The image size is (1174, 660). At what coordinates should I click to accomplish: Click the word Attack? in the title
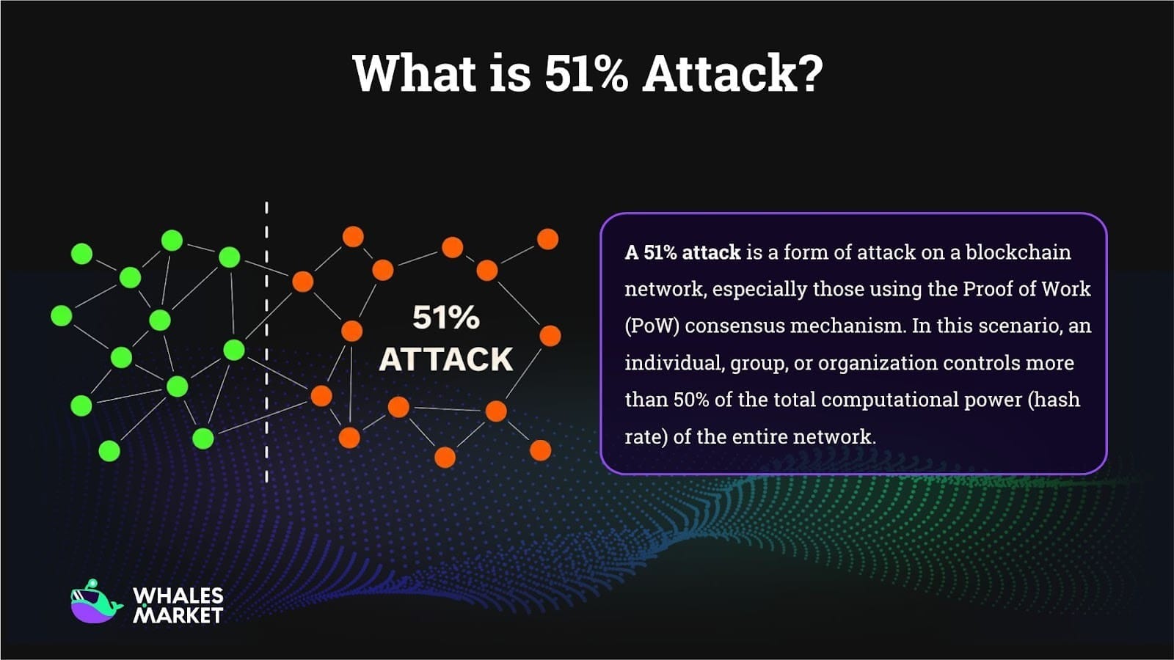point(732,73)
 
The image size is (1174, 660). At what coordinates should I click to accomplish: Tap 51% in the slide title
point(586,73)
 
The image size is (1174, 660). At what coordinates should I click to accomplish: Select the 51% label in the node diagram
point(445,318)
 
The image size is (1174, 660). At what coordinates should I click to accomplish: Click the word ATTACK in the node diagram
point(445,359)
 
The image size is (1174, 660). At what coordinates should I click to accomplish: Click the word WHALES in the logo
point(178,595)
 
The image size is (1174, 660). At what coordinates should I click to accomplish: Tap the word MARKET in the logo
point(178,615)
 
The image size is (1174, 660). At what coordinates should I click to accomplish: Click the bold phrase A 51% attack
point(682,252)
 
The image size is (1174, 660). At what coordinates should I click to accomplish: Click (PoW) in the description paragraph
point(651,326)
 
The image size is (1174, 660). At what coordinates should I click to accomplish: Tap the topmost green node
point(172,240)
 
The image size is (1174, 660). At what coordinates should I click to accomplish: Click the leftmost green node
point(62,315)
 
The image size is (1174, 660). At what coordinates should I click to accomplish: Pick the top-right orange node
point(547,239)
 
